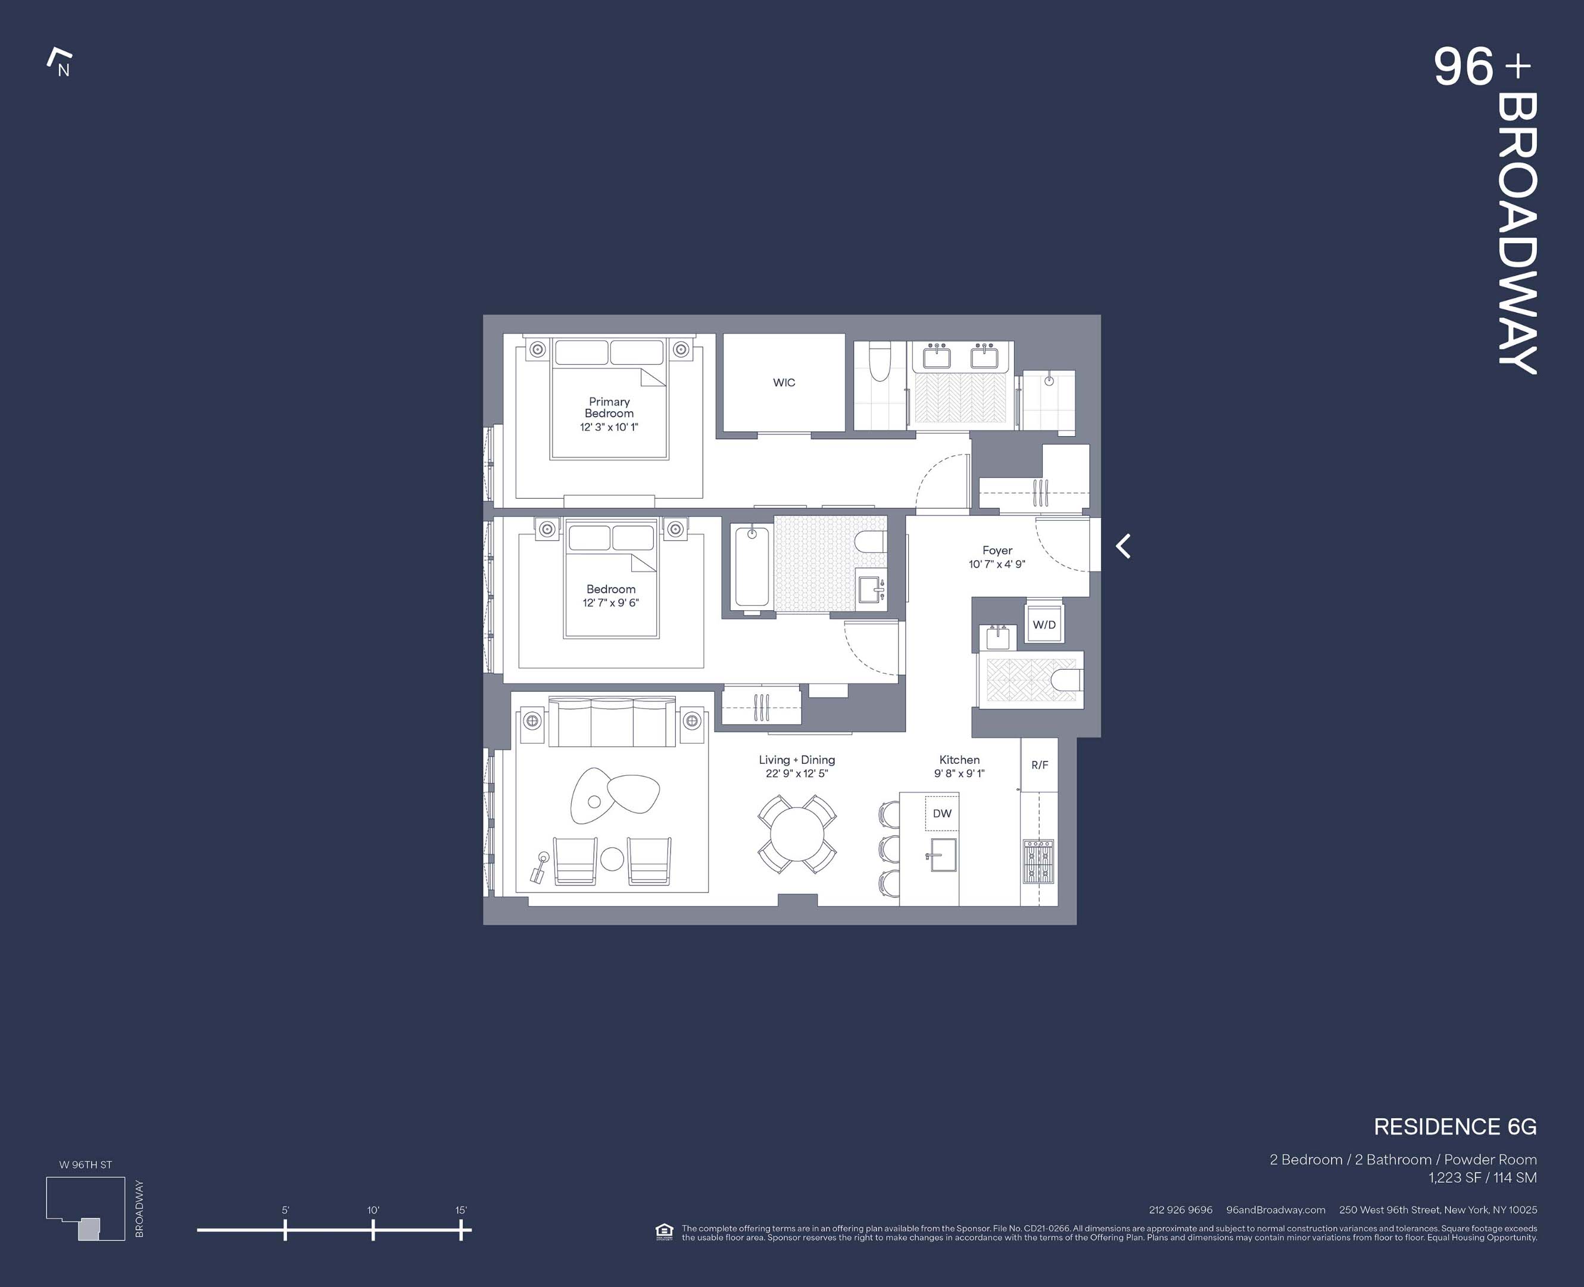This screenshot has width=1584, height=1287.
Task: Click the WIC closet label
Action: click(x=784, y=383)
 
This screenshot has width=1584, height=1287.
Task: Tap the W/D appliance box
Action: click(x=1044, y=624)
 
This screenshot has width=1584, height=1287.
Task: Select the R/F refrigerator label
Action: click(x=1040, y=765)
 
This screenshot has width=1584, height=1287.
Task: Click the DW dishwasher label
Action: click(x=941, y=813)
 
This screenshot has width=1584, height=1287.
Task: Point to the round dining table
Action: click(x=797, y=834)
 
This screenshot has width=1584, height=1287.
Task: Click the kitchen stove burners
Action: click(x=1038, y=861)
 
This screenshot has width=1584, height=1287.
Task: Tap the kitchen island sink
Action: click(x=943, y=855)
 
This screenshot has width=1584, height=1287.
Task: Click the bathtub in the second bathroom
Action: click(x=752, y=568)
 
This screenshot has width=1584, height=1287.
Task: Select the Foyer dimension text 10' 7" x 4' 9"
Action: click(x=996, y=564)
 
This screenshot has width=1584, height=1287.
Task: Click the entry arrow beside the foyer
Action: click(x=1123, y=546)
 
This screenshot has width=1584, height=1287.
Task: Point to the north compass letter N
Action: click(x=64, y=70)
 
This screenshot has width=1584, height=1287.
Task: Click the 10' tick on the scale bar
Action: click(x=373, y=1230)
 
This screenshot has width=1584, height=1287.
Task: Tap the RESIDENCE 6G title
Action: click(x=1454, y=1127)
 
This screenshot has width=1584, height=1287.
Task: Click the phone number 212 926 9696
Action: click(x=1180, y=1210)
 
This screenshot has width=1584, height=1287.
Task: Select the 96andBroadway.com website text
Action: click(x=1275, y=1210)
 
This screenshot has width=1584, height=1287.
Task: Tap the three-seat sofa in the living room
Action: click(x=611, y=722)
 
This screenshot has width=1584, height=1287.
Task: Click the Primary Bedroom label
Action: click(x=609, y=407)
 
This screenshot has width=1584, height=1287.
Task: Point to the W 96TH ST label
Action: click(x=85, y=1165)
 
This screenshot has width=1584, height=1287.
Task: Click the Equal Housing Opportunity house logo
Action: click(x=664, y=1232)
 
